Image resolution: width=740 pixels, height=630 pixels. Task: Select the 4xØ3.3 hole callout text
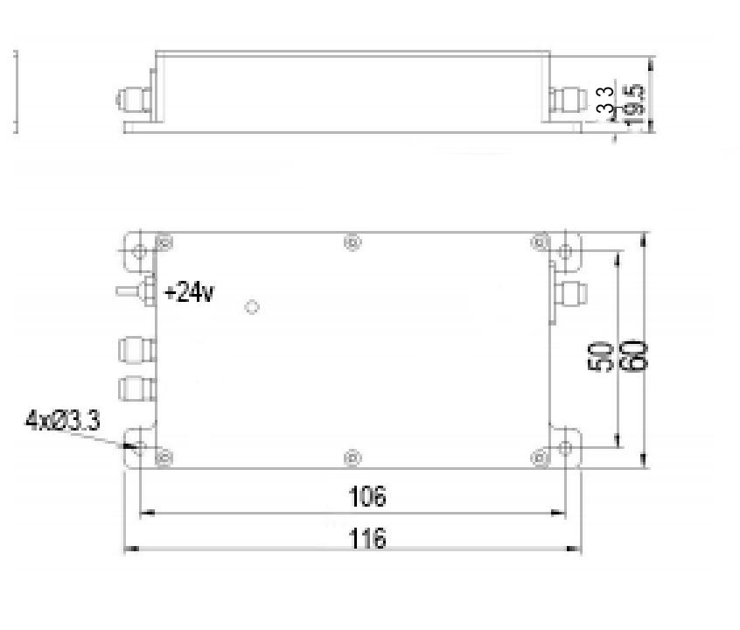click(61, 421)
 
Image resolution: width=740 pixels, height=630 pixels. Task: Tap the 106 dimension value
click(367, 497)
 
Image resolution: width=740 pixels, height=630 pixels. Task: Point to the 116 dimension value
click(367, 538)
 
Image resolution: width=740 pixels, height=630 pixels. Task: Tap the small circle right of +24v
click(252, 307)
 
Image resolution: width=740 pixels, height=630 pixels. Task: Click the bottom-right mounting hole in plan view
click(566, 448)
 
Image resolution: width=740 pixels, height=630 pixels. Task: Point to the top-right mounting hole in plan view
click(566, 252)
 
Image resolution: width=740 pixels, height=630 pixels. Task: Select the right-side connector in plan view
click(569, 292)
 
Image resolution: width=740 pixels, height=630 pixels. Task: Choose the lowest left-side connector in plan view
click(136, 387)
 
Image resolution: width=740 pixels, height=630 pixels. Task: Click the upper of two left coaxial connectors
click(136, 351)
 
